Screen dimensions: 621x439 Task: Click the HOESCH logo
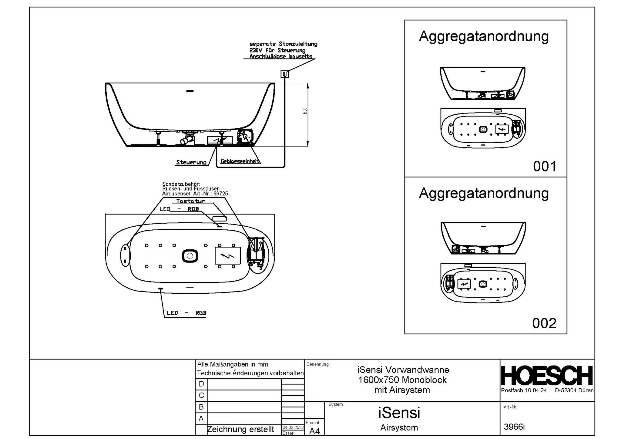(547, 376)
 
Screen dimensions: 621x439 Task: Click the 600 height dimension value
(305, 111)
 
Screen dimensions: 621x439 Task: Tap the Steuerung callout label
(191, 162)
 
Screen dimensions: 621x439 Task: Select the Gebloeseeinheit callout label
(240, 161)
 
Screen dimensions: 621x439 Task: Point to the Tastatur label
(190, 201)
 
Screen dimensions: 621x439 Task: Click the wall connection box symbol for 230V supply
(284, 74)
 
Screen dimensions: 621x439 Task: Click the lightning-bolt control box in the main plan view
(227, 255)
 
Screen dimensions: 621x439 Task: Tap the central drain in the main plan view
(190, 256)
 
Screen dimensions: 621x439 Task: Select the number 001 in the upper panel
(545, 167)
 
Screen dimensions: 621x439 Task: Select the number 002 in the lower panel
(544, 323)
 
